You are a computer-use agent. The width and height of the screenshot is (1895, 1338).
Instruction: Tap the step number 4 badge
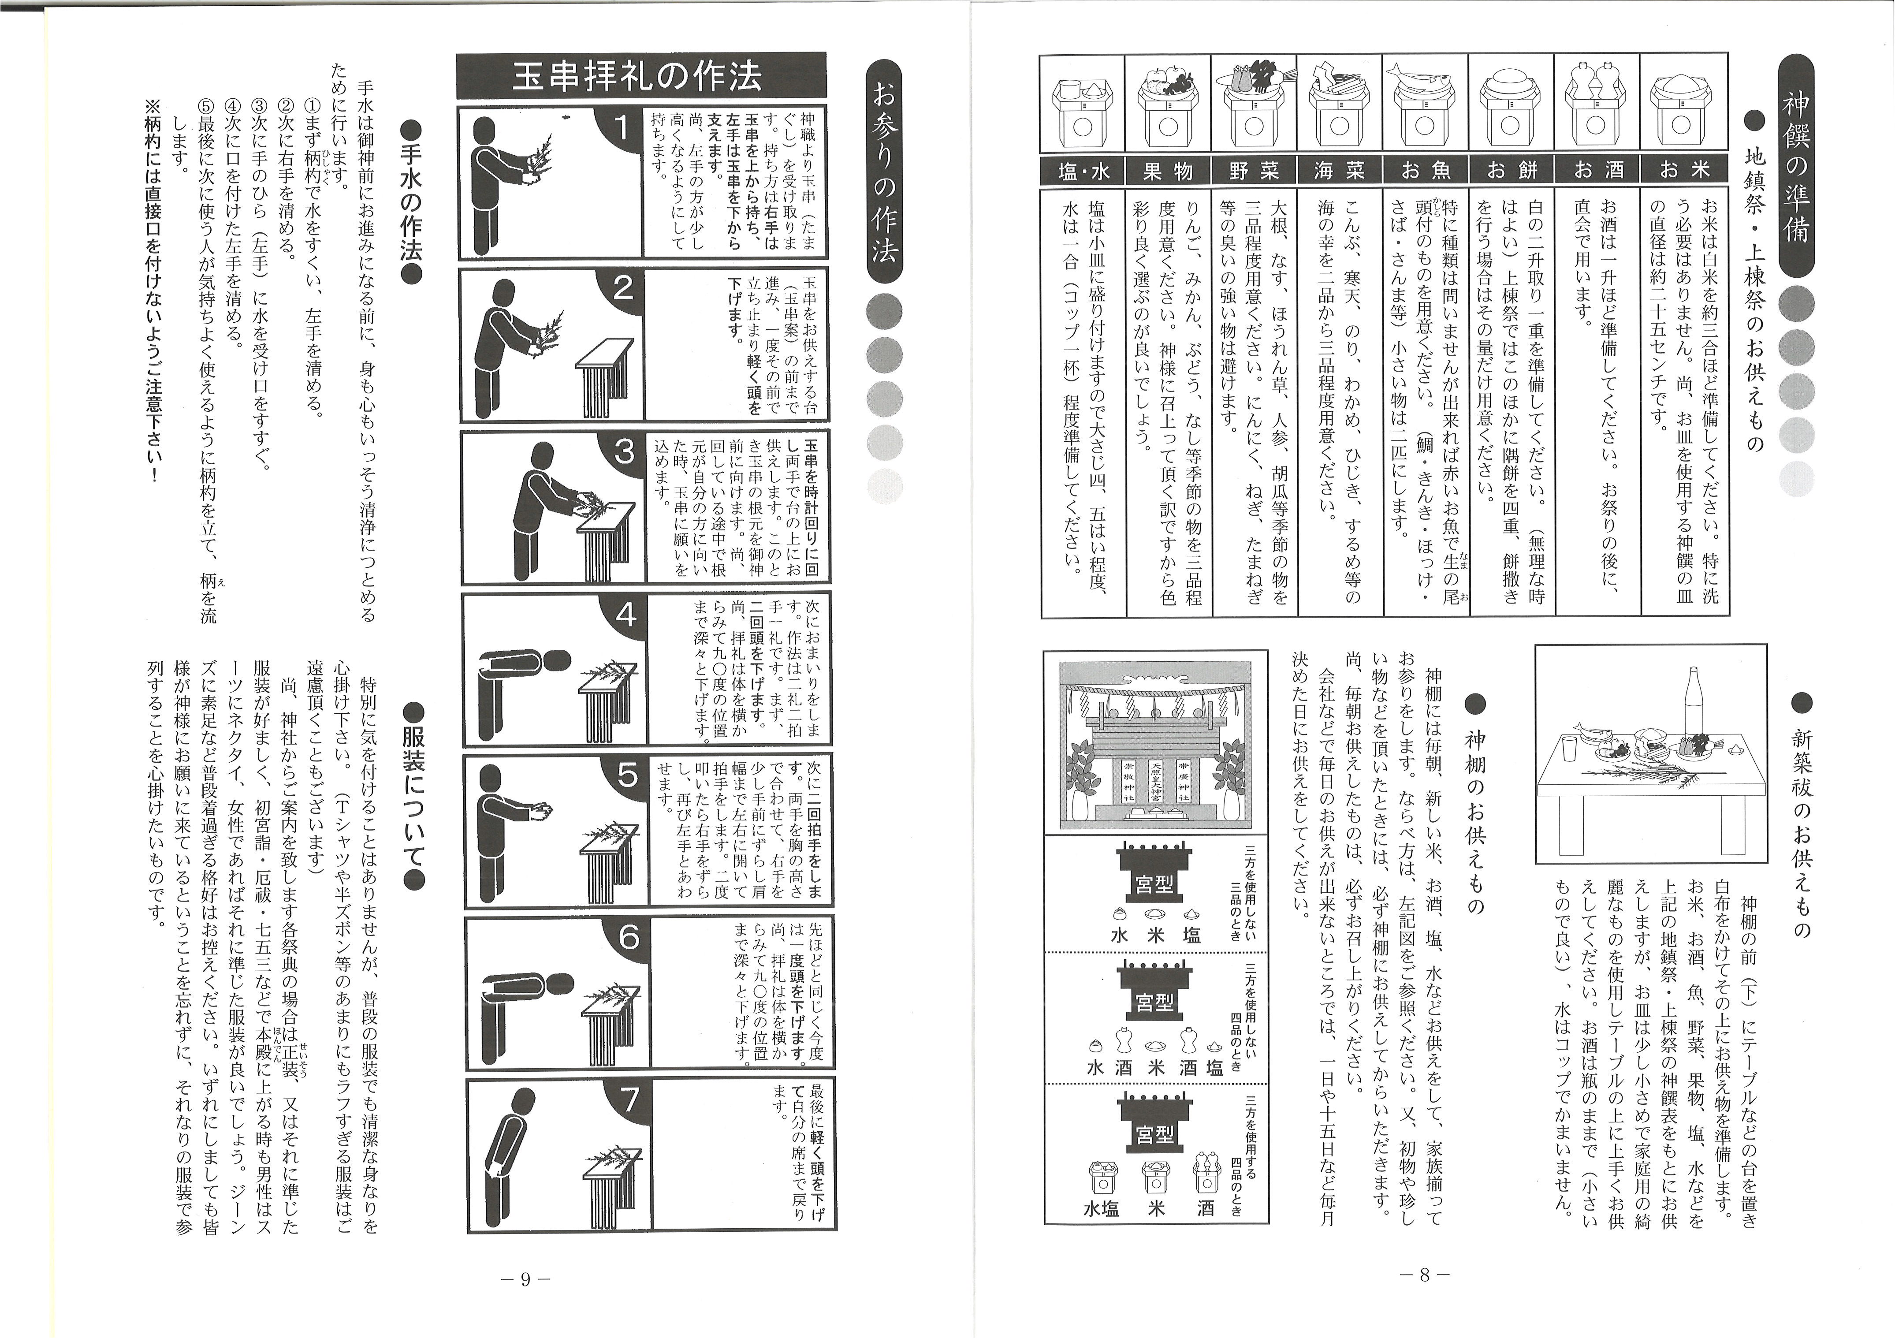625,614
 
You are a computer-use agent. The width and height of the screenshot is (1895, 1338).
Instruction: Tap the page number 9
525,1278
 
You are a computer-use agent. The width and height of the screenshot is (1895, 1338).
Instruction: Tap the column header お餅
1510,171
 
